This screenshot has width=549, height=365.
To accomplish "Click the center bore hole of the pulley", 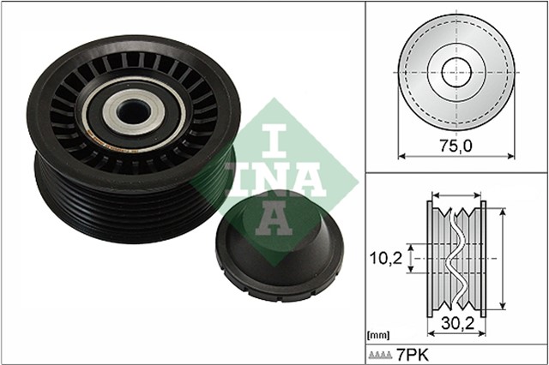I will [132, 112].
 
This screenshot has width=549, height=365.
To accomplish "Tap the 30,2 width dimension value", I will [456, 324].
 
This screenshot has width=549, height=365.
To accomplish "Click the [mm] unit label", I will [377, 334].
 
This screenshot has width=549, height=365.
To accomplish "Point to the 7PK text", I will [413, 355].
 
